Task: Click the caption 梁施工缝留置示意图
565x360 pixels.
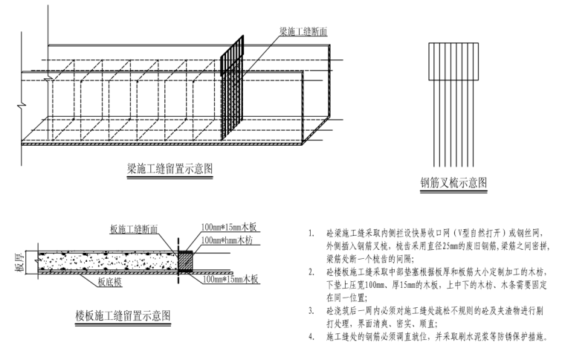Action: click(x=170, y=169)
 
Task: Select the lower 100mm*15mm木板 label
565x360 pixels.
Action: click(x=230, y=280)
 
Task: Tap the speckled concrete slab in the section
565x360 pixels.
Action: click(x=104, y=260)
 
